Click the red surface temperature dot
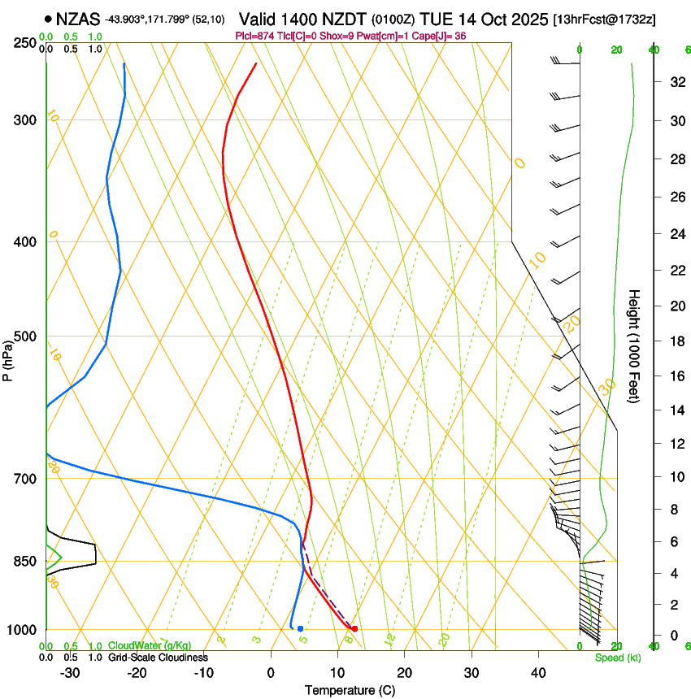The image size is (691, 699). (x=354, y=628)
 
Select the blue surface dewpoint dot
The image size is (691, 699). (x=300, y=628)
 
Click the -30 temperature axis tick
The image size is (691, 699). (x=70, y=672)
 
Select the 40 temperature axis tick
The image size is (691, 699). (x=538, y=672)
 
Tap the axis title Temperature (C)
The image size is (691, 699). (x=350, y=690)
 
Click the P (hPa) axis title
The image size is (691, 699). (x=8, y=358)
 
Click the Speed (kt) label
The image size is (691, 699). (x=618, y=658)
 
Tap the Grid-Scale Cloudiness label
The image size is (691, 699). (x=158, y=658)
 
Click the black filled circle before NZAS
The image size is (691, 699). (x=49, y=17)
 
